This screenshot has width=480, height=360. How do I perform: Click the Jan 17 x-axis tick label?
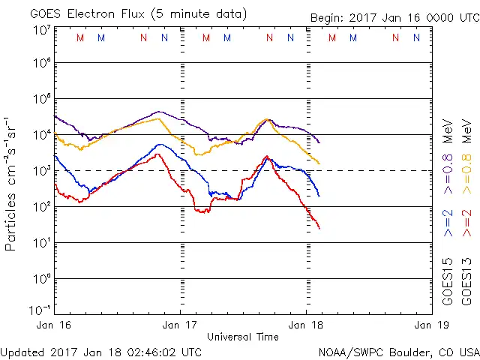point(180,325)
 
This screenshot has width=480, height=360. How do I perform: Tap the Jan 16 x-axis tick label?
point(55,325)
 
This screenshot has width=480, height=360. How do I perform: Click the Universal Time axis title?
point(243,336)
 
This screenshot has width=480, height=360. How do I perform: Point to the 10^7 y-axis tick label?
point(42,30)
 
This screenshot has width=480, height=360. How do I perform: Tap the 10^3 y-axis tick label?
point(42,171)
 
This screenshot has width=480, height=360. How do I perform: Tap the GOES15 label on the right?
point(448,280)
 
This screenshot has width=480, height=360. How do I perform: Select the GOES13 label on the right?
point(465,280)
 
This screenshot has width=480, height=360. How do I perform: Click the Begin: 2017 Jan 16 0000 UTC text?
point(393,17)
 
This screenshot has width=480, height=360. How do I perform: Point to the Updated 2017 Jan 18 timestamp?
point(101,351)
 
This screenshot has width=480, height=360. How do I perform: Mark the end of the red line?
point(319,228)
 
